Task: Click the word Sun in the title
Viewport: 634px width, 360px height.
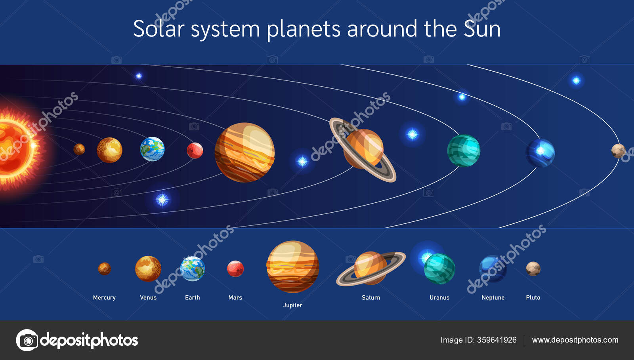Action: point(482,29)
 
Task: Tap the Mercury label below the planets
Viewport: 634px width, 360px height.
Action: point(104,297)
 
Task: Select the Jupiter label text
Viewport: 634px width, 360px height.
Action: point(292,305)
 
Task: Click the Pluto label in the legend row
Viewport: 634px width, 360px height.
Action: point(533,297)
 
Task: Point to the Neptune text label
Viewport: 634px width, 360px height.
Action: point(493,297)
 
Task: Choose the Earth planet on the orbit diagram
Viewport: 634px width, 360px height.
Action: point(152,149)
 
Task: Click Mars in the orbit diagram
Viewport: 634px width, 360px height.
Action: point(195,150)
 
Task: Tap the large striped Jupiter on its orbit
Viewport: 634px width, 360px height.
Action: point(244,152)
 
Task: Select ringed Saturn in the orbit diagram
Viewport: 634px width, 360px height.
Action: point(363,149)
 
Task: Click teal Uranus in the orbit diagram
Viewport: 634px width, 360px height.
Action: point(464,150)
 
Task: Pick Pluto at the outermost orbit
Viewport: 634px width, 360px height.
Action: point(618,151)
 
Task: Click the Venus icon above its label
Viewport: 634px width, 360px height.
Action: point(148,269)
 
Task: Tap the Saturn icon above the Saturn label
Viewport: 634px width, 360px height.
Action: point(370,269)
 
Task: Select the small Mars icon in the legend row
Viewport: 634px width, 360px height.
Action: point(235,269)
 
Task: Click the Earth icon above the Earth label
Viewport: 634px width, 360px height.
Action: point(193,269)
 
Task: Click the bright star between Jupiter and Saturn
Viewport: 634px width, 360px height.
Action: point(302,161)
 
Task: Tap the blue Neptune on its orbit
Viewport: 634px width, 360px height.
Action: point(540,153)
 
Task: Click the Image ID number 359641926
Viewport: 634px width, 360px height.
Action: point(497,340)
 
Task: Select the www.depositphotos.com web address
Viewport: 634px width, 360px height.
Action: point(575,340)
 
